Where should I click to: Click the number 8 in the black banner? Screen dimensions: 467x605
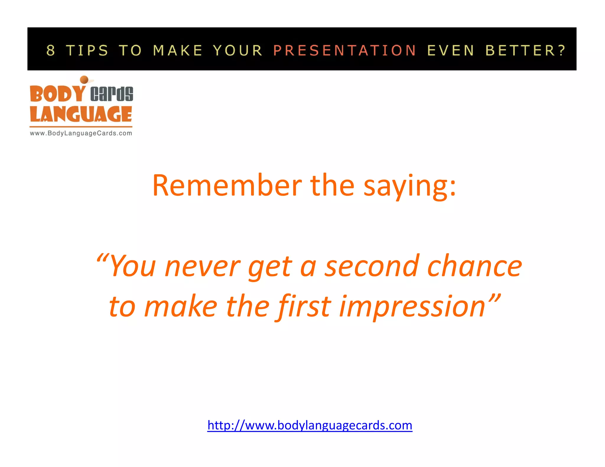coord(51,50)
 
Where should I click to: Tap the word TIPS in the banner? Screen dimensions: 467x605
coord(87,50)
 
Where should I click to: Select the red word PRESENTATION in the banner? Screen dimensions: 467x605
coord(345,50)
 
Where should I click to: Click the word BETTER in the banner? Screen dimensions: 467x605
coord(522,50)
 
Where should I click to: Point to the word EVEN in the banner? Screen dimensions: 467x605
coord(451,50)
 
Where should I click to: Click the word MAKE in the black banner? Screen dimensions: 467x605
coord(178,50)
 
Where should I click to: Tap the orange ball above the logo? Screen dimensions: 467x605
coord(84,79)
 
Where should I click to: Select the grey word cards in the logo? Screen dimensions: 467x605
coord(112,94)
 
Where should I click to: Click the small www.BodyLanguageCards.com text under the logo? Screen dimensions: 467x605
coord(81,133)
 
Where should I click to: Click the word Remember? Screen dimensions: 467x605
coord(227,185)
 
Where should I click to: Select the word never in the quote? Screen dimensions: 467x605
coord(203,267)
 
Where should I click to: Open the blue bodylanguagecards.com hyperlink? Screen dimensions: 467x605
coord(310,425)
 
